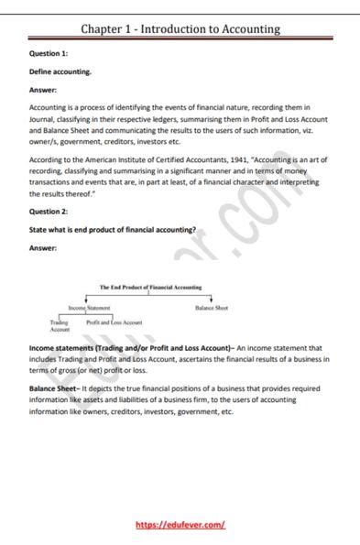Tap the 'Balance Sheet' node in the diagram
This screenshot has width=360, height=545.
click(x=212, y=309)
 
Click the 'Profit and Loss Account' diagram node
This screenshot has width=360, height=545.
click(x=115, y=323)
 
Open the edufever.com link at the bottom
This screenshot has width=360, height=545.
click(x=180, y=525)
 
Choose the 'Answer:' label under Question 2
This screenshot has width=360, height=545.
click(x=44, y=248)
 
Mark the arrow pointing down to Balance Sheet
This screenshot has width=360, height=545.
click(x=212, y=300)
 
